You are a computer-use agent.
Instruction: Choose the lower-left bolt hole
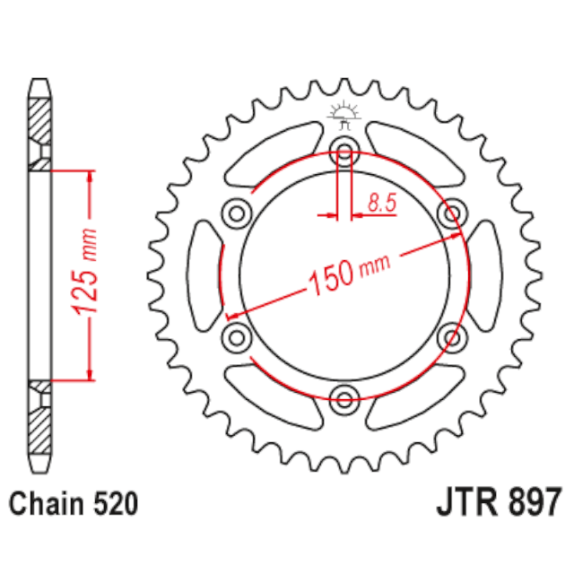[x=237, y=337]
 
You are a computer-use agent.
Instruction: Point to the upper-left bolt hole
[x=237, y=213]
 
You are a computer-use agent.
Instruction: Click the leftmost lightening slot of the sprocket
[x=205, y=274]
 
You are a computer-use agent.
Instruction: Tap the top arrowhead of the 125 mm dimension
[x=90, y=175]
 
